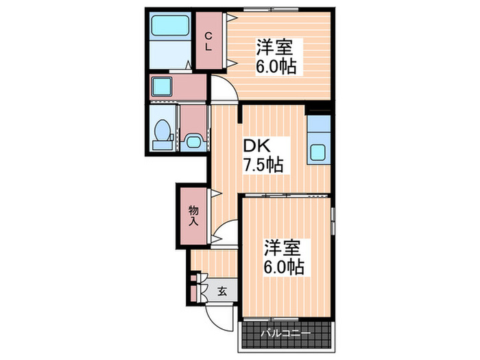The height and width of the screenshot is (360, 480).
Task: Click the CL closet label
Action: click(x=210, y=40)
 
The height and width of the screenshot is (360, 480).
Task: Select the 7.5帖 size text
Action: click(x=262, y=165)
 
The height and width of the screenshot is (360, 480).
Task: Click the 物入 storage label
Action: click(x=193, y=215)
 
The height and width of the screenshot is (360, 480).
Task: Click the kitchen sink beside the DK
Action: click(x=319, y=152)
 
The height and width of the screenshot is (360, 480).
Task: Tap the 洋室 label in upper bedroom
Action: click(x=276, y=49)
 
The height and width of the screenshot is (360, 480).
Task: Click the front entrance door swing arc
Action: click(x=220, y=313)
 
